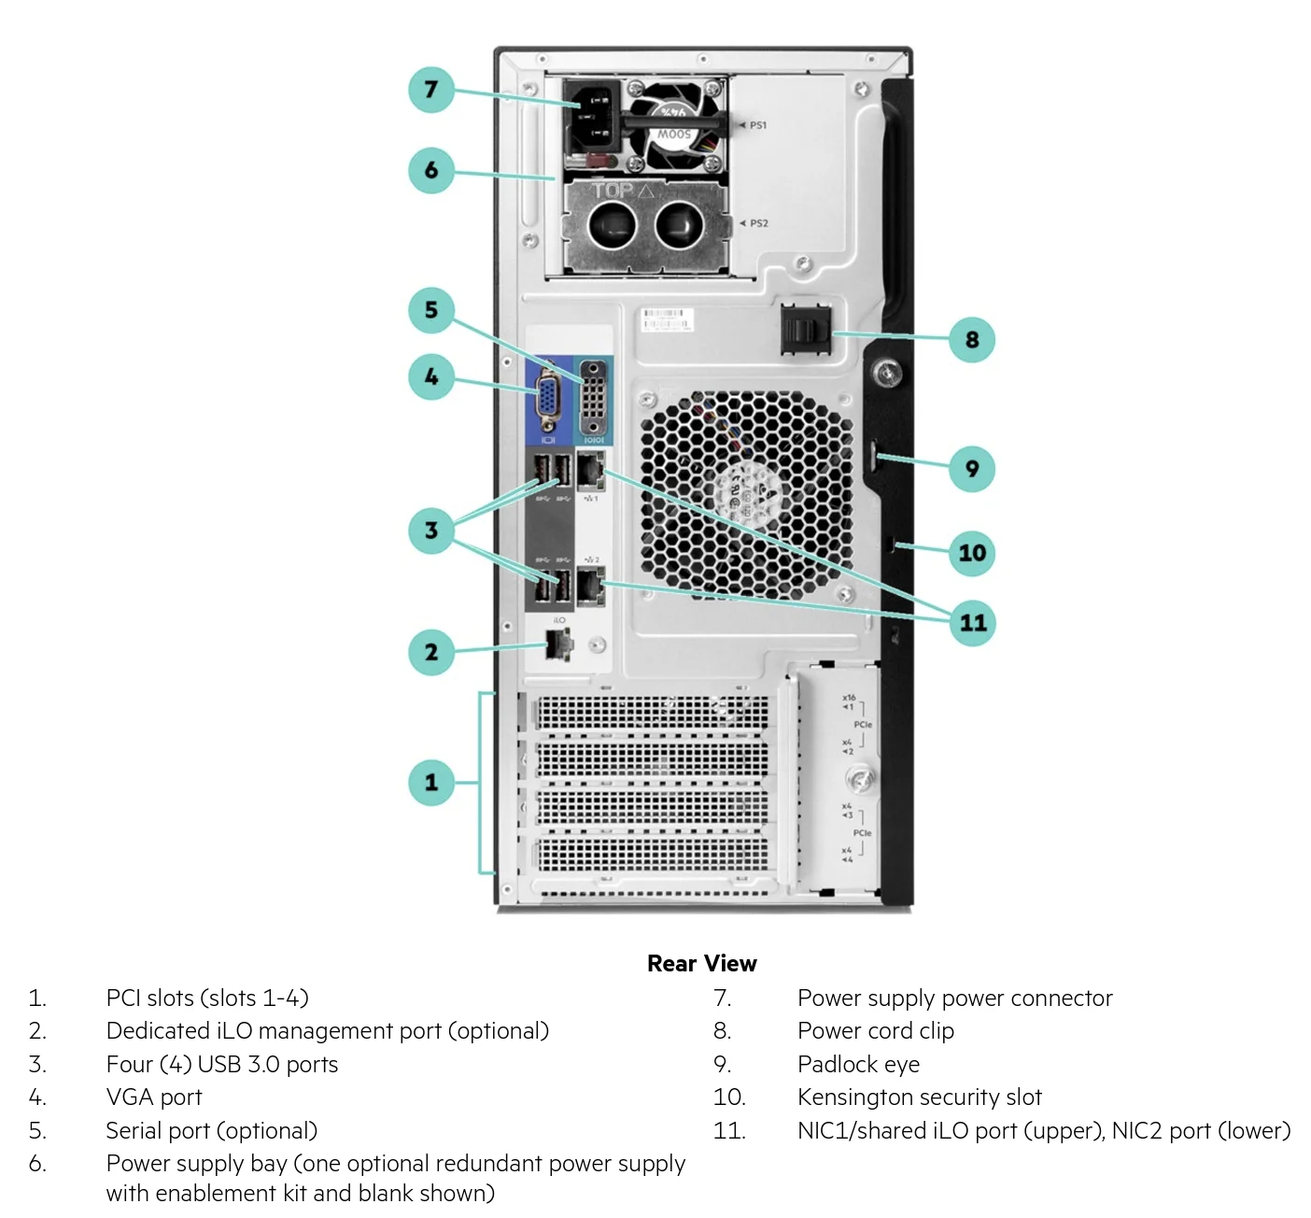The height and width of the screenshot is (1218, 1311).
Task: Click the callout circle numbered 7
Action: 430,90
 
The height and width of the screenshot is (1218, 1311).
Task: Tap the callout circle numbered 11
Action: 972,623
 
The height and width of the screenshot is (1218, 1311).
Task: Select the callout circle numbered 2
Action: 430,652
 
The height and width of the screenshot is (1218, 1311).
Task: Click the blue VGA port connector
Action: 548,399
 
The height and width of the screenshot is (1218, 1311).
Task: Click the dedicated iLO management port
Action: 557,644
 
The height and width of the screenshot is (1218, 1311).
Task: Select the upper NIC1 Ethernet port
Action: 590,471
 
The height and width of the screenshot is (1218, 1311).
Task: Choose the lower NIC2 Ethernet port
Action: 590,586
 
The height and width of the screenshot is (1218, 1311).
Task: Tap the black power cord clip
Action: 805,329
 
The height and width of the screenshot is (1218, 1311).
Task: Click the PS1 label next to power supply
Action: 757,125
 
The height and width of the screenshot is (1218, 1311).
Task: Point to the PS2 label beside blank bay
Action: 758,223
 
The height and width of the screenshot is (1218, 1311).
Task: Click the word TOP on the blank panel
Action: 613,191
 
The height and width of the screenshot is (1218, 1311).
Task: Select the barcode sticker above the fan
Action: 665,319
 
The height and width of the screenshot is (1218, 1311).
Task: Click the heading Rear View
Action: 701,963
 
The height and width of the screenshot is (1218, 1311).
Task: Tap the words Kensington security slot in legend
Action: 919,1097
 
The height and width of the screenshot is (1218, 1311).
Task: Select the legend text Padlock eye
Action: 858,1064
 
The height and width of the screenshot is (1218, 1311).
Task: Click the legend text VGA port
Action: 154,1097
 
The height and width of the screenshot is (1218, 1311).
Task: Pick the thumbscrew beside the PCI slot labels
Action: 858,778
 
